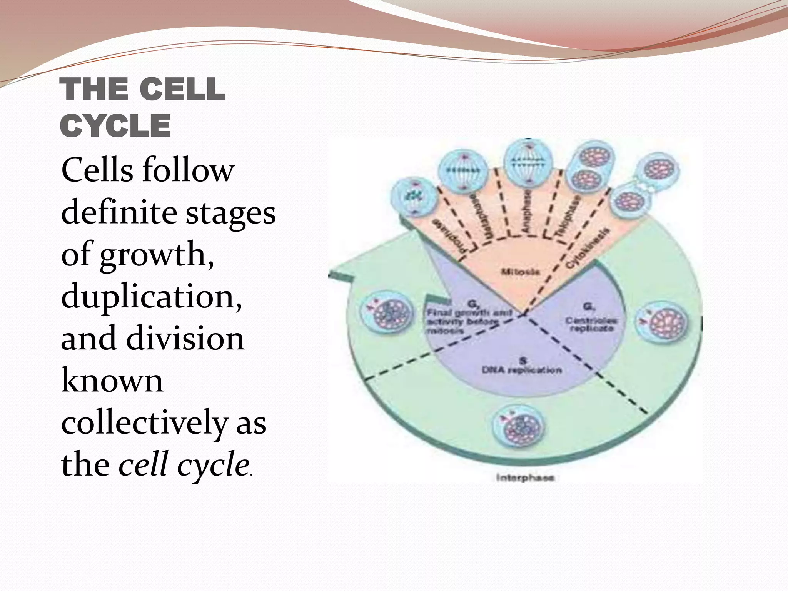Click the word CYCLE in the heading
point(115,126)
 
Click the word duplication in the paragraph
point(152,297)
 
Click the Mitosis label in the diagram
point(521,272)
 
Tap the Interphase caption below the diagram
point(525,478)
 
